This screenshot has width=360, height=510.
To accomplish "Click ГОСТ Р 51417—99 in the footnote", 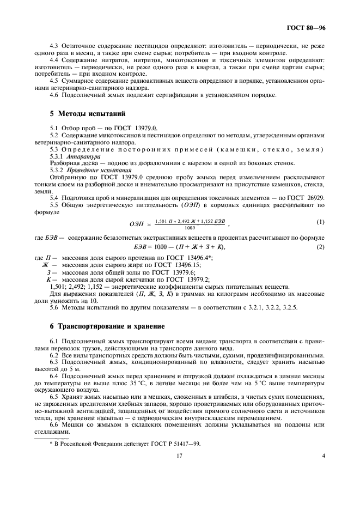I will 175,443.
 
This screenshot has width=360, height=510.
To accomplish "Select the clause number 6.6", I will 54,424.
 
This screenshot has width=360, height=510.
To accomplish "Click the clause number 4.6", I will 54,95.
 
